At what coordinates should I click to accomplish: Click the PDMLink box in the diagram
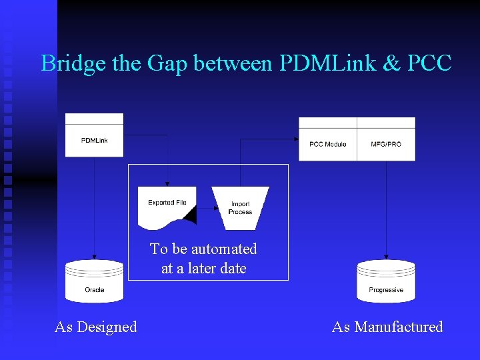[94, 140]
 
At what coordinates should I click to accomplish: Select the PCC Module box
[327, 144]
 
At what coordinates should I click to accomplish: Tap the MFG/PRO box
[386, 144]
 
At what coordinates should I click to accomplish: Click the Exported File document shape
[167, 205]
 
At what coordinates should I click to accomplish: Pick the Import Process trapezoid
[240, 207]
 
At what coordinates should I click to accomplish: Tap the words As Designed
[96, 327]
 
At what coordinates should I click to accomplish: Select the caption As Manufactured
[387, 327]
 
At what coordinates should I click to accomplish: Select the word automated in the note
[223, 249]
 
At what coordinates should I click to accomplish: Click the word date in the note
[231, 268]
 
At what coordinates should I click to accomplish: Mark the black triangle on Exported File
[191, 215]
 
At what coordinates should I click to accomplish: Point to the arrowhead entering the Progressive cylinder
[386, 258]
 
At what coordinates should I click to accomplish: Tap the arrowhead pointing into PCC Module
[295, 139]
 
